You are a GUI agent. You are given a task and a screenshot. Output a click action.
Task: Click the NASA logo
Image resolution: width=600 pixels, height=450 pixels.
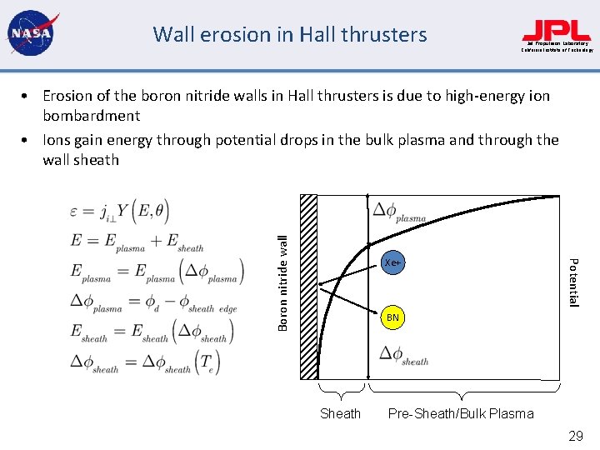coord(30,34)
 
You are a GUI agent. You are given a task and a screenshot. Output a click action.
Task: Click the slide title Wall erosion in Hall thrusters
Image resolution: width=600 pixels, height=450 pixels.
coord(289,35)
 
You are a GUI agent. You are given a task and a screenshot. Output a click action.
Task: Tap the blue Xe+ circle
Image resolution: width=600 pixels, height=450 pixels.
coord(392,262)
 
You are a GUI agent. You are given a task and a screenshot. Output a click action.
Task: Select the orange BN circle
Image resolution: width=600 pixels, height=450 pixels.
coord(392,317)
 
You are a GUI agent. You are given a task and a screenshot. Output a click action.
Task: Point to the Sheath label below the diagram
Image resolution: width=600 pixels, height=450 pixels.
coord(341,414)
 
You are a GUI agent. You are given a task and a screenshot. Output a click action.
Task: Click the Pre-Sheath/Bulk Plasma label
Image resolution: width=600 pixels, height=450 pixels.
coord(461,414)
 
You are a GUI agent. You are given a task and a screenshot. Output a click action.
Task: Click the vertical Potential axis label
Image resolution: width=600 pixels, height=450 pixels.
coord(573,282)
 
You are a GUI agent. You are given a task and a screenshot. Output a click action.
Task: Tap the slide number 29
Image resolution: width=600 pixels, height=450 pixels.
coord(575,436)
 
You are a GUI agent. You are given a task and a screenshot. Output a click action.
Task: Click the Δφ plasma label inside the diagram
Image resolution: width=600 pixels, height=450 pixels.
coord(399,212)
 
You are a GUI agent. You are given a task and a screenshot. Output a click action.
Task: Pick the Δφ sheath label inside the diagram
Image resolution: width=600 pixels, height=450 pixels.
coord(403,356)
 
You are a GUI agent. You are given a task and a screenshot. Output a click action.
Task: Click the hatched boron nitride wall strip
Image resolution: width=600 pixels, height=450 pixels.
coord(308,287)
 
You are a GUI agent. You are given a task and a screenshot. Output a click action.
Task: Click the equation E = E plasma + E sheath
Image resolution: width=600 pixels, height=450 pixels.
coord(137,242)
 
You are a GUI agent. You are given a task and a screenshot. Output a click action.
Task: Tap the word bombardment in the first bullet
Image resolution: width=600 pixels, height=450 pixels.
coord(91,116)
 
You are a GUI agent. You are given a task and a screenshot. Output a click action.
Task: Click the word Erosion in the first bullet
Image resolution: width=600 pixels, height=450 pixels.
coord(68,96)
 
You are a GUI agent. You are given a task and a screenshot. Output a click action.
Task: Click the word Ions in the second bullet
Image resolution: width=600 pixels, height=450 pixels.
coord(57,140)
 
